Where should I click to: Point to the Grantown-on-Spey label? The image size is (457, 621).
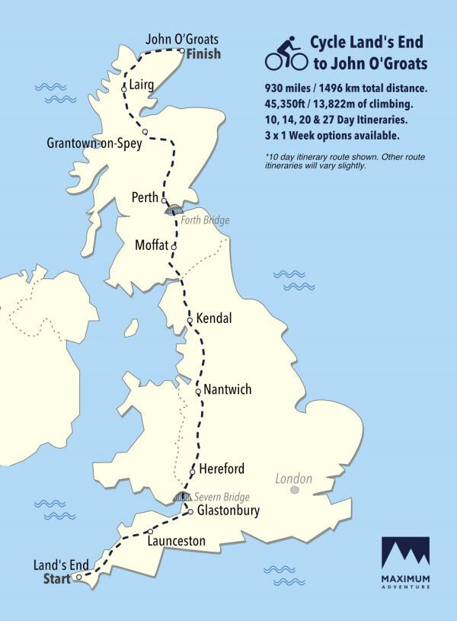click(x=94, y=143)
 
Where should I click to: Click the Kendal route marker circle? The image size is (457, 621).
click(x=190, y=321)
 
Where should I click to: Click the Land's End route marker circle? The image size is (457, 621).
click(x=78, y=578)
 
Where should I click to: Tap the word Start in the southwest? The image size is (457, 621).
click(x=56, y=580)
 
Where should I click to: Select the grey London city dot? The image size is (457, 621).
click(x=294, y=491)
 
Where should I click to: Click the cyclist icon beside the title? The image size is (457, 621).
click(x=286, y=52)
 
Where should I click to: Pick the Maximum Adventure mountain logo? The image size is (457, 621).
click(x=405, y=552)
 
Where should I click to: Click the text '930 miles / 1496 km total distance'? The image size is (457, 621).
click(x=346, y=88)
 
